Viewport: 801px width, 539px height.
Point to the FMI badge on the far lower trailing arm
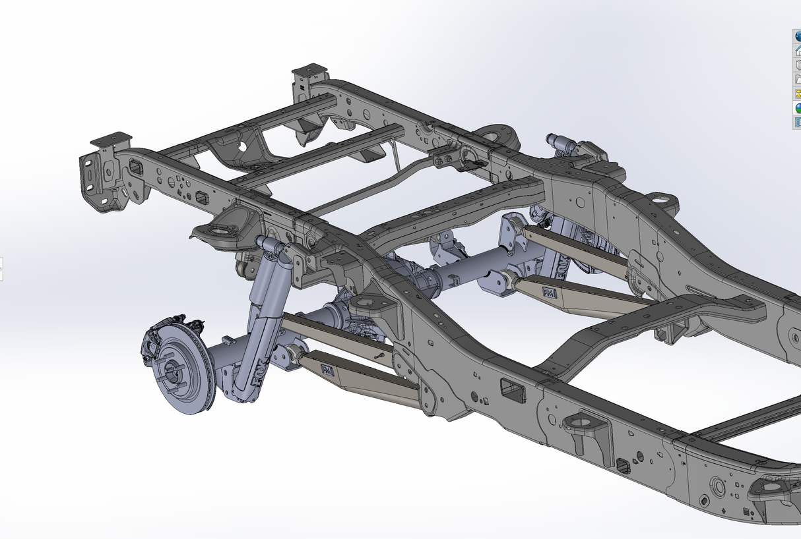coord(549,292)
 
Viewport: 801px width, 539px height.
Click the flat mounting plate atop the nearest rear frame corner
coord(111,140)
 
